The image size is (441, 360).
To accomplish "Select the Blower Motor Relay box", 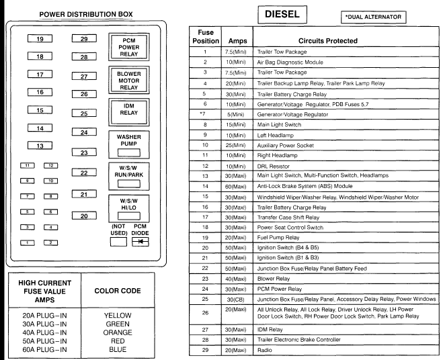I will pos(130,79).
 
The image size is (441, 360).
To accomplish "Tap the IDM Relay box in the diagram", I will pos(130,110).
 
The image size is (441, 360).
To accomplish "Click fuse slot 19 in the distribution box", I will pos(40,40).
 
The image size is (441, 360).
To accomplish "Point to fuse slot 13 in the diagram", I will pos(40,145).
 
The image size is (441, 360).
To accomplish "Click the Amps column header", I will pos(237,41).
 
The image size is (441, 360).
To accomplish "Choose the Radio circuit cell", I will pos(263,351).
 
